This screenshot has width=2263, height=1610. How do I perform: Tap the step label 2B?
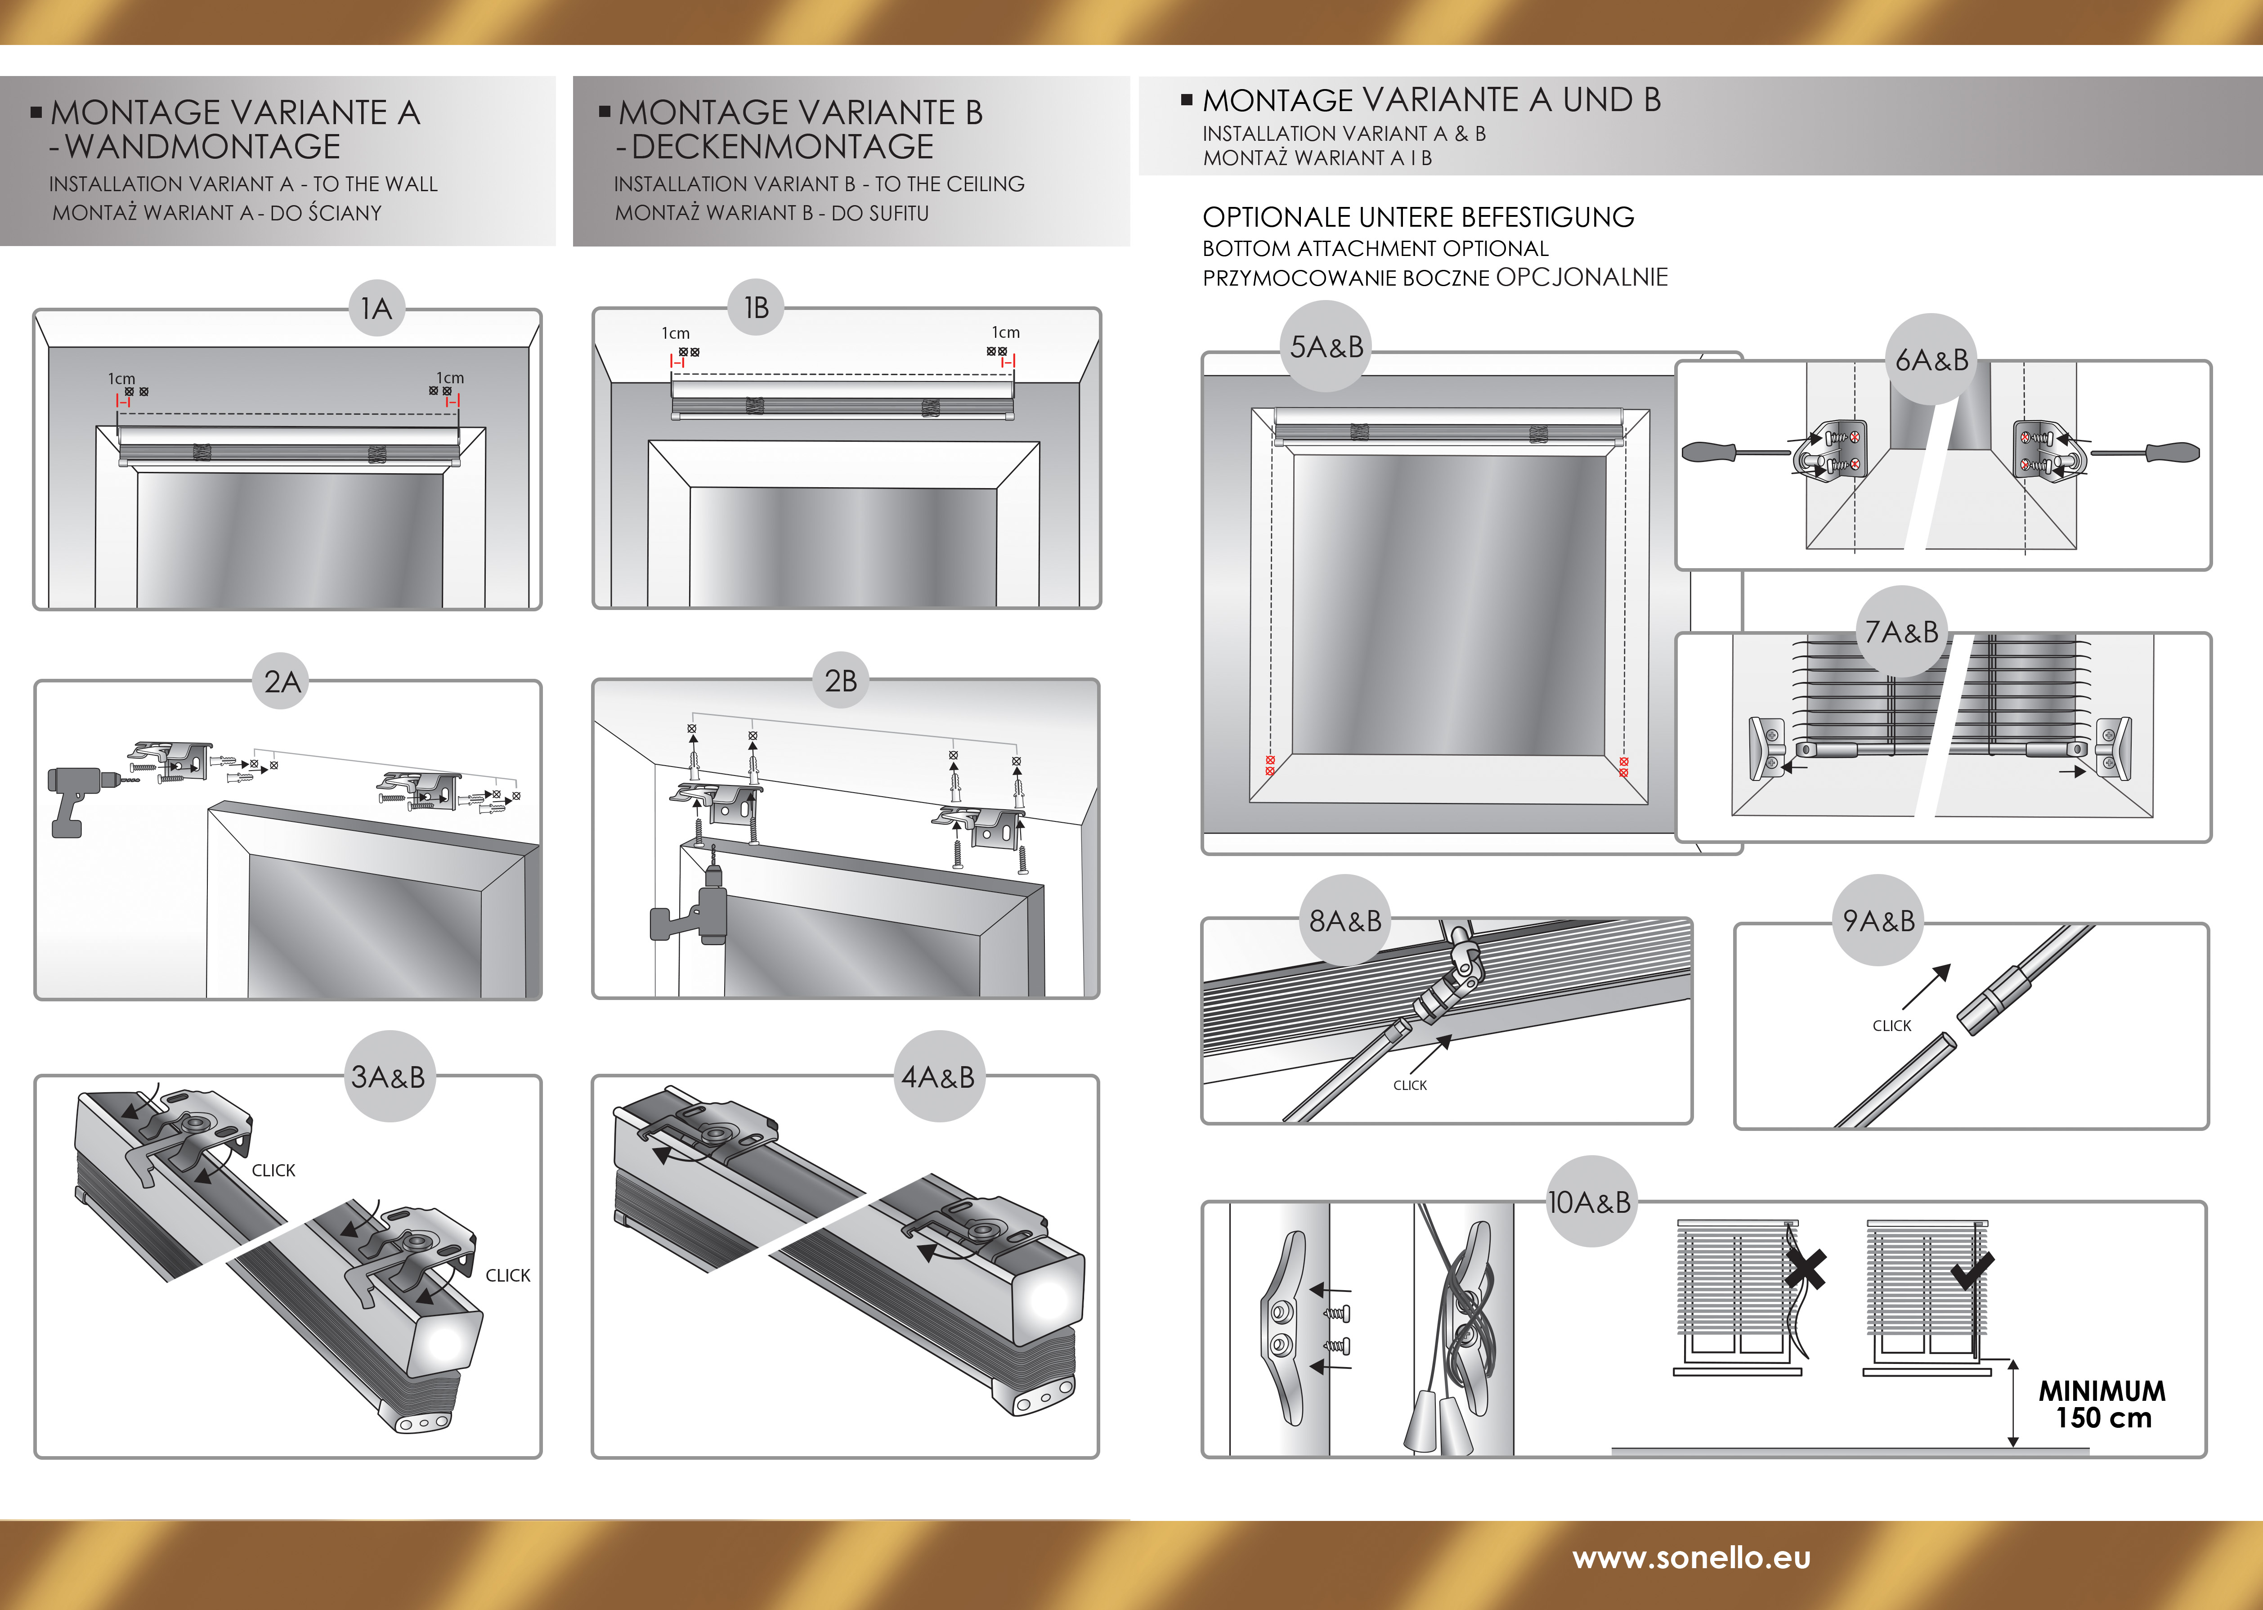pos(841,681)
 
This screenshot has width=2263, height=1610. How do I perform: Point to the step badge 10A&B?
pos(1589,1202)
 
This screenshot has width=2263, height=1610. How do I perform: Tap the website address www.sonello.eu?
pos(1691,1557)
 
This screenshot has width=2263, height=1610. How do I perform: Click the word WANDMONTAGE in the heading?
pos(202,147)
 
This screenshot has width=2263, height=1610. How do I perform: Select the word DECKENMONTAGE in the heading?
pos(782,147)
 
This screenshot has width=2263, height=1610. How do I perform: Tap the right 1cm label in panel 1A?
pos(450,378)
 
